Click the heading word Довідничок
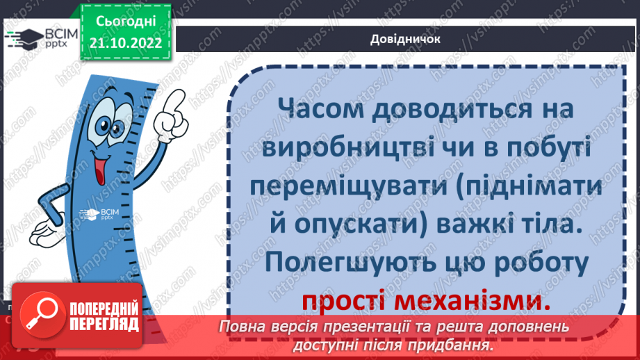405,39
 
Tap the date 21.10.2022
126,43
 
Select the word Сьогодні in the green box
126,22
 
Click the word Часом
320,109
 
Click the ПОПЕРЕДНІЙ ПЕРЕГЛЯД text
104,317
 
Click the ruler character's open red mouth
99,169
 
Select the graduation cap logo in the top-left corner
26,39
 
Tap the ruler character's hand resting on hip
46,230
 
